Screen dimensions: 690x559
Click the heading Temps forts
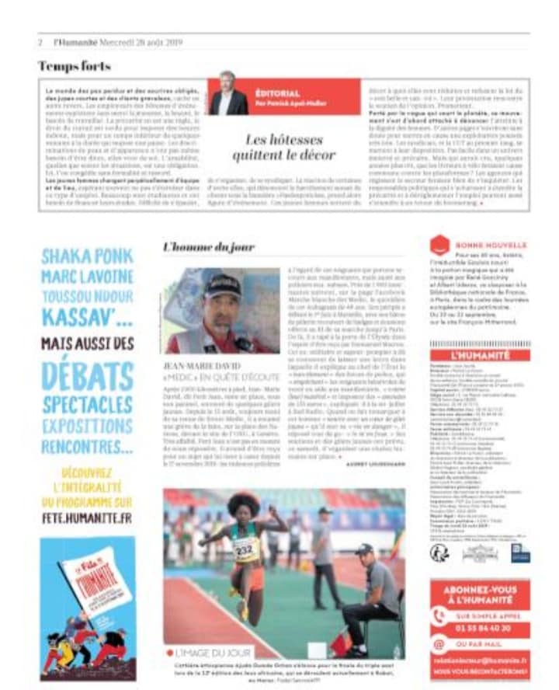point(75,66)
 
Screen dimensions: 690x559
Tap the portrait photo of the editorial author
point(228,94)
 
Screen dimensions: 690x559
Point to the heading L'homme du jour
point(209,247)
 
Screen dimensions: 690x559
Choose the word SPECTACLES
point(87,405)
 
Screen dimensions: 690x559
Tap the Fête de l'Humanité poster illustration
point(87,606)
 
